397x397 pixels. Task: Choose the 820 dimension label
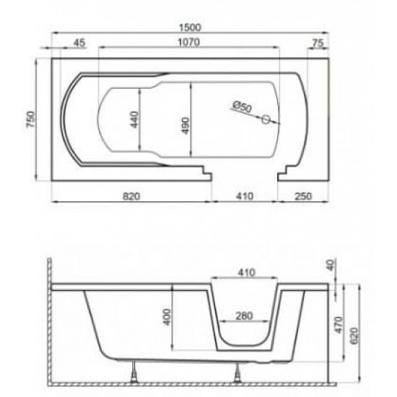tap(131, 195)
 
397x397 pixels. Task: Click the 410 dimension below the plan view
tap(245, 195)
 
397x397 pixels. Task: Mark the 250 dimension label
tap(303, 195)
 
